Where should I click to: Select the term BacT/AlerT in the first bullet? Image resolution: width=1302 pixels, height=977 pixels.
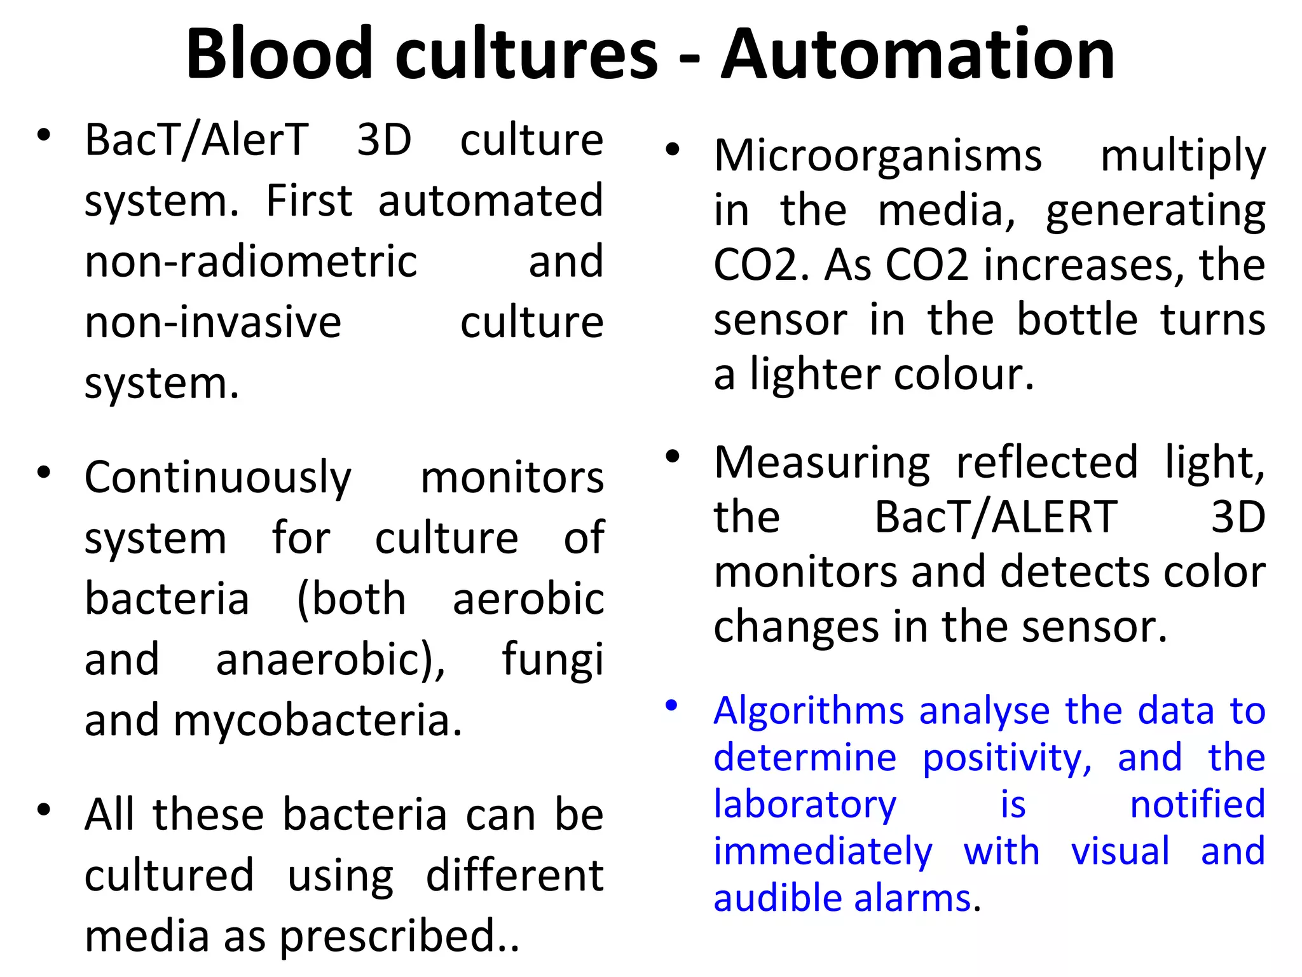pyautogui.click(x=197, y=141)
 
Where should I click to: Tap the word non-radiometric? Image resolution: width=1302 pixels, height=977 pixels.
pyautogui.click(x=250, y=262)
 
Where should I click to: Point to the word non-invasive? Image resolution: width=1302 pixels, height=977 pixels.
pyautogui.click(x=213, y=322)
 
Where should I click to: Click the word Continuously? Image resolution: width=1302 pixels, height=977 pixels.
pyautogui.click(x=217, y=478)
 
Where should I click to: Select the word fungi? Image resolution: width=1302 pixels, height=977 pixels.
pyautogui.click(x=552, y=660)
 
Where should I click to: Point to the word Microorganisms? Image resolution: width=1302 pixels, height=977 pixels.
pyautogui.click(x=877, y=156)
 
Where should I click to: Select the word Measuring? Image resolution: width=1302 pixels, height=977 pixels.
pyautogui.click(x=821, y=463)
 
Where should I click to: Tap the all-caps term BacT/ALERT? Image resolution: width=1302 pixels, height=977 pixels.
pyautogui.click(x=996, y=517)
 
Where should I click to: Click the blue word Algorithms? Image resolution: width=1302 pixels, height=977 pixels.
pyautogui.click(x=808, y=711)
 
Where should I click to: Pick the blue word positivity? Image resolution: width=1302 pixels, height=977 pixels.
pyautogui.click(x=1007, y=758)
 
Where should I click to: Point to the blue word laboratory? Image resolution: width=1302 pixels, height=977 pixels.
pyautogui.click(x=804, y=805)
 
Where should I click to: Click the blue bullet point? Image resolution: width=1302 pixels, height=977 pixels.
pyautogui.click(x=672, y=705)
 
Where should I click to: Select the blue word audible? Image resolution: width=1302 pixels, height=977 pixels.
pyautogui.click(x=778, y=898)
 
